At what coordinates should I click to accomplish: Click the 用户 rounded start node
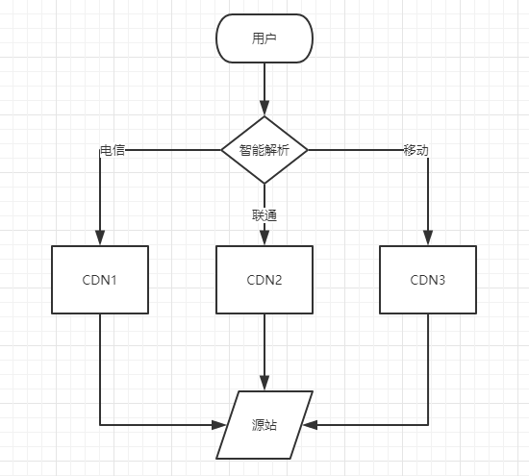click(264, 38)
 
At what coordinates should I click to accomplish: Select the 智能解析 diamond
click(264, 150)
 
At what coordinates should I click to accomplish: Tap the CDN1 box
click(100, 280)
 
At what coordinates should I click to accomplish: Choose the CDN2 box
click(264, 280)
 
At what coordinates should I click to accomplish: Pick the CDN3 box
click(428, 280)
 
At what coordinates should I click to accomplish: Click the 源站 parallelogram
click(264, 425)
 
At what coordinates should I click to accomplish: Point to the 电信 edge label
click(113, 150)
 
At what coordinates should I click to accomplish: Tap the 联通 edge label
click(264, 215)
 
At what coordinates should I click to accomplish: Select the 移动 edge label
click(416, 150)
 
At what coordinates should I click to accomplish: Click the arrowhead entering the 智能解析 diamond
click(264, 108)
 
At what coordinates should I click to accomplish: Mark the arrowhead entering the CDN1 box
click(100, 238)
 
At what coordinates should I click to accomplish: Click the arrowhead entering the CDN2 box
click(264, 238)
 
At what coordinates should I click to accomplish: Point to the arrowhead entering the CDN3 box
click(428, 238)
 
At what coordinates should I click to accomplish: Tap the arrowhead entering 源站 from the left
click(218, 425)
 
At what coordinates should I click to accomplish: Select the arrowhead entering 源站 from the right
click(311, 425)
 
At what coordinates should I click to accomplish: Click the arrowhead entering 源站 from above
click(264, 383)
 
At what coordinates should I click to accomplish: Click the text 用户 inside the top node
click(264, 38)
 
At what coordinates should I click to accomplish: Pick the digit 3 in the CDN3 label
click(441, 280)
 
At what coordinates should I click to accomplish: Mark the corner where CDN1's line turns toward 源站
click(100, 425)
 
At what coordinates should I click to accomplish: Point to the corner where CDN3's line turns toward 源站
click(428, 425)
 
